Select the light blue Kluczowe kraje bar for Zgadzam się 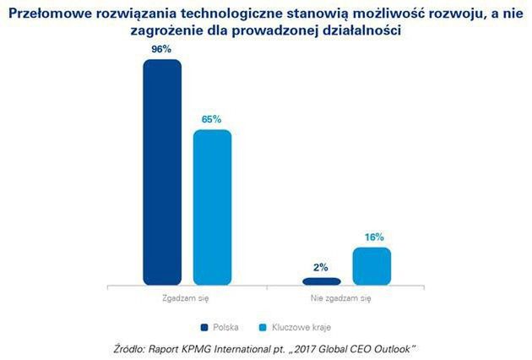coord(212,207)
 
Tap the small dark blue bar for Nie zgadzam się coord(322,281)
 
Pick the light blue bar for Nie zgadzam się coord(372,265)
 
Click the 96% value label coord(162,49)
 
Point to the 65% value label coord(212,119)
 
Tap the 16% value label coord(372,237)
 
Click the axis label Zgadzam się coord(187,298)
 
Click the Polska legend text coord(225,326)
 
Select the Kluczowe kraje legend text coord(301,326)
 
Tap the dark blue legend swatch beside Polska coord(204,326)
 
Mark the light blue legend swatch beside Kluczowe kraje coord(263,326)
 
